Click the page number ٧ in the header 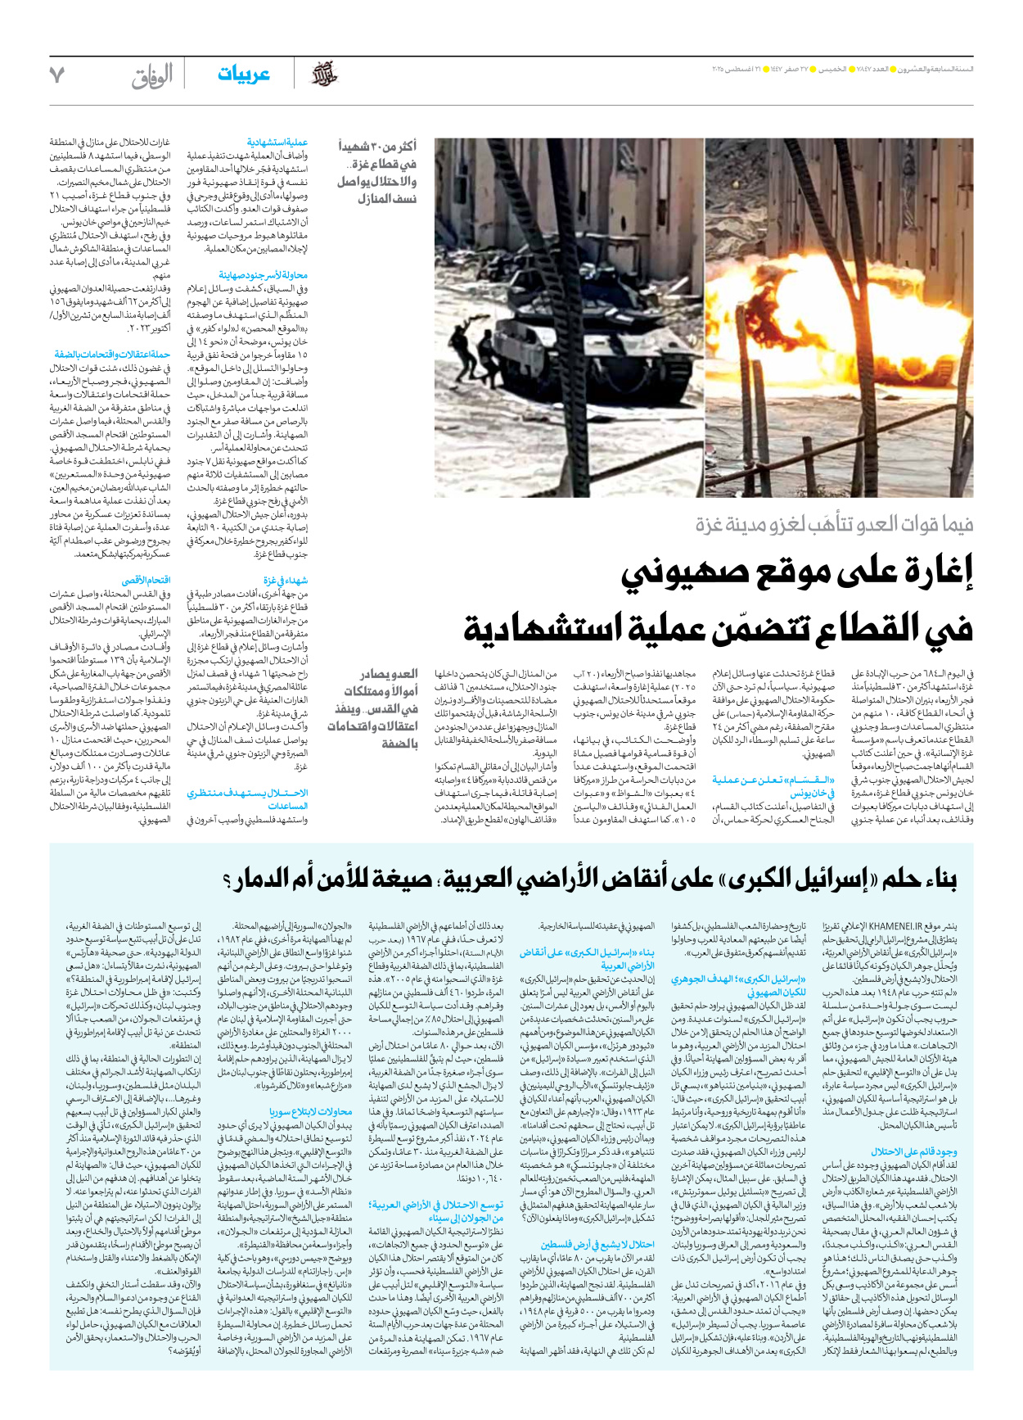tap(56, 75)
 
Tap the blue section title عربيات tap(244, 75)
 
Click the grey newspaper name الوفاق tap(152, 76)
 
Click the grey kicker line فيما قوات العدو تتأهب tap(835, 524)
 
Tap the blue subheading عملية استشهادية tap(277, 143)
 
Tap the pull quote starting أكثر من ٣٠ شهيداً tap(377, 172)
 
